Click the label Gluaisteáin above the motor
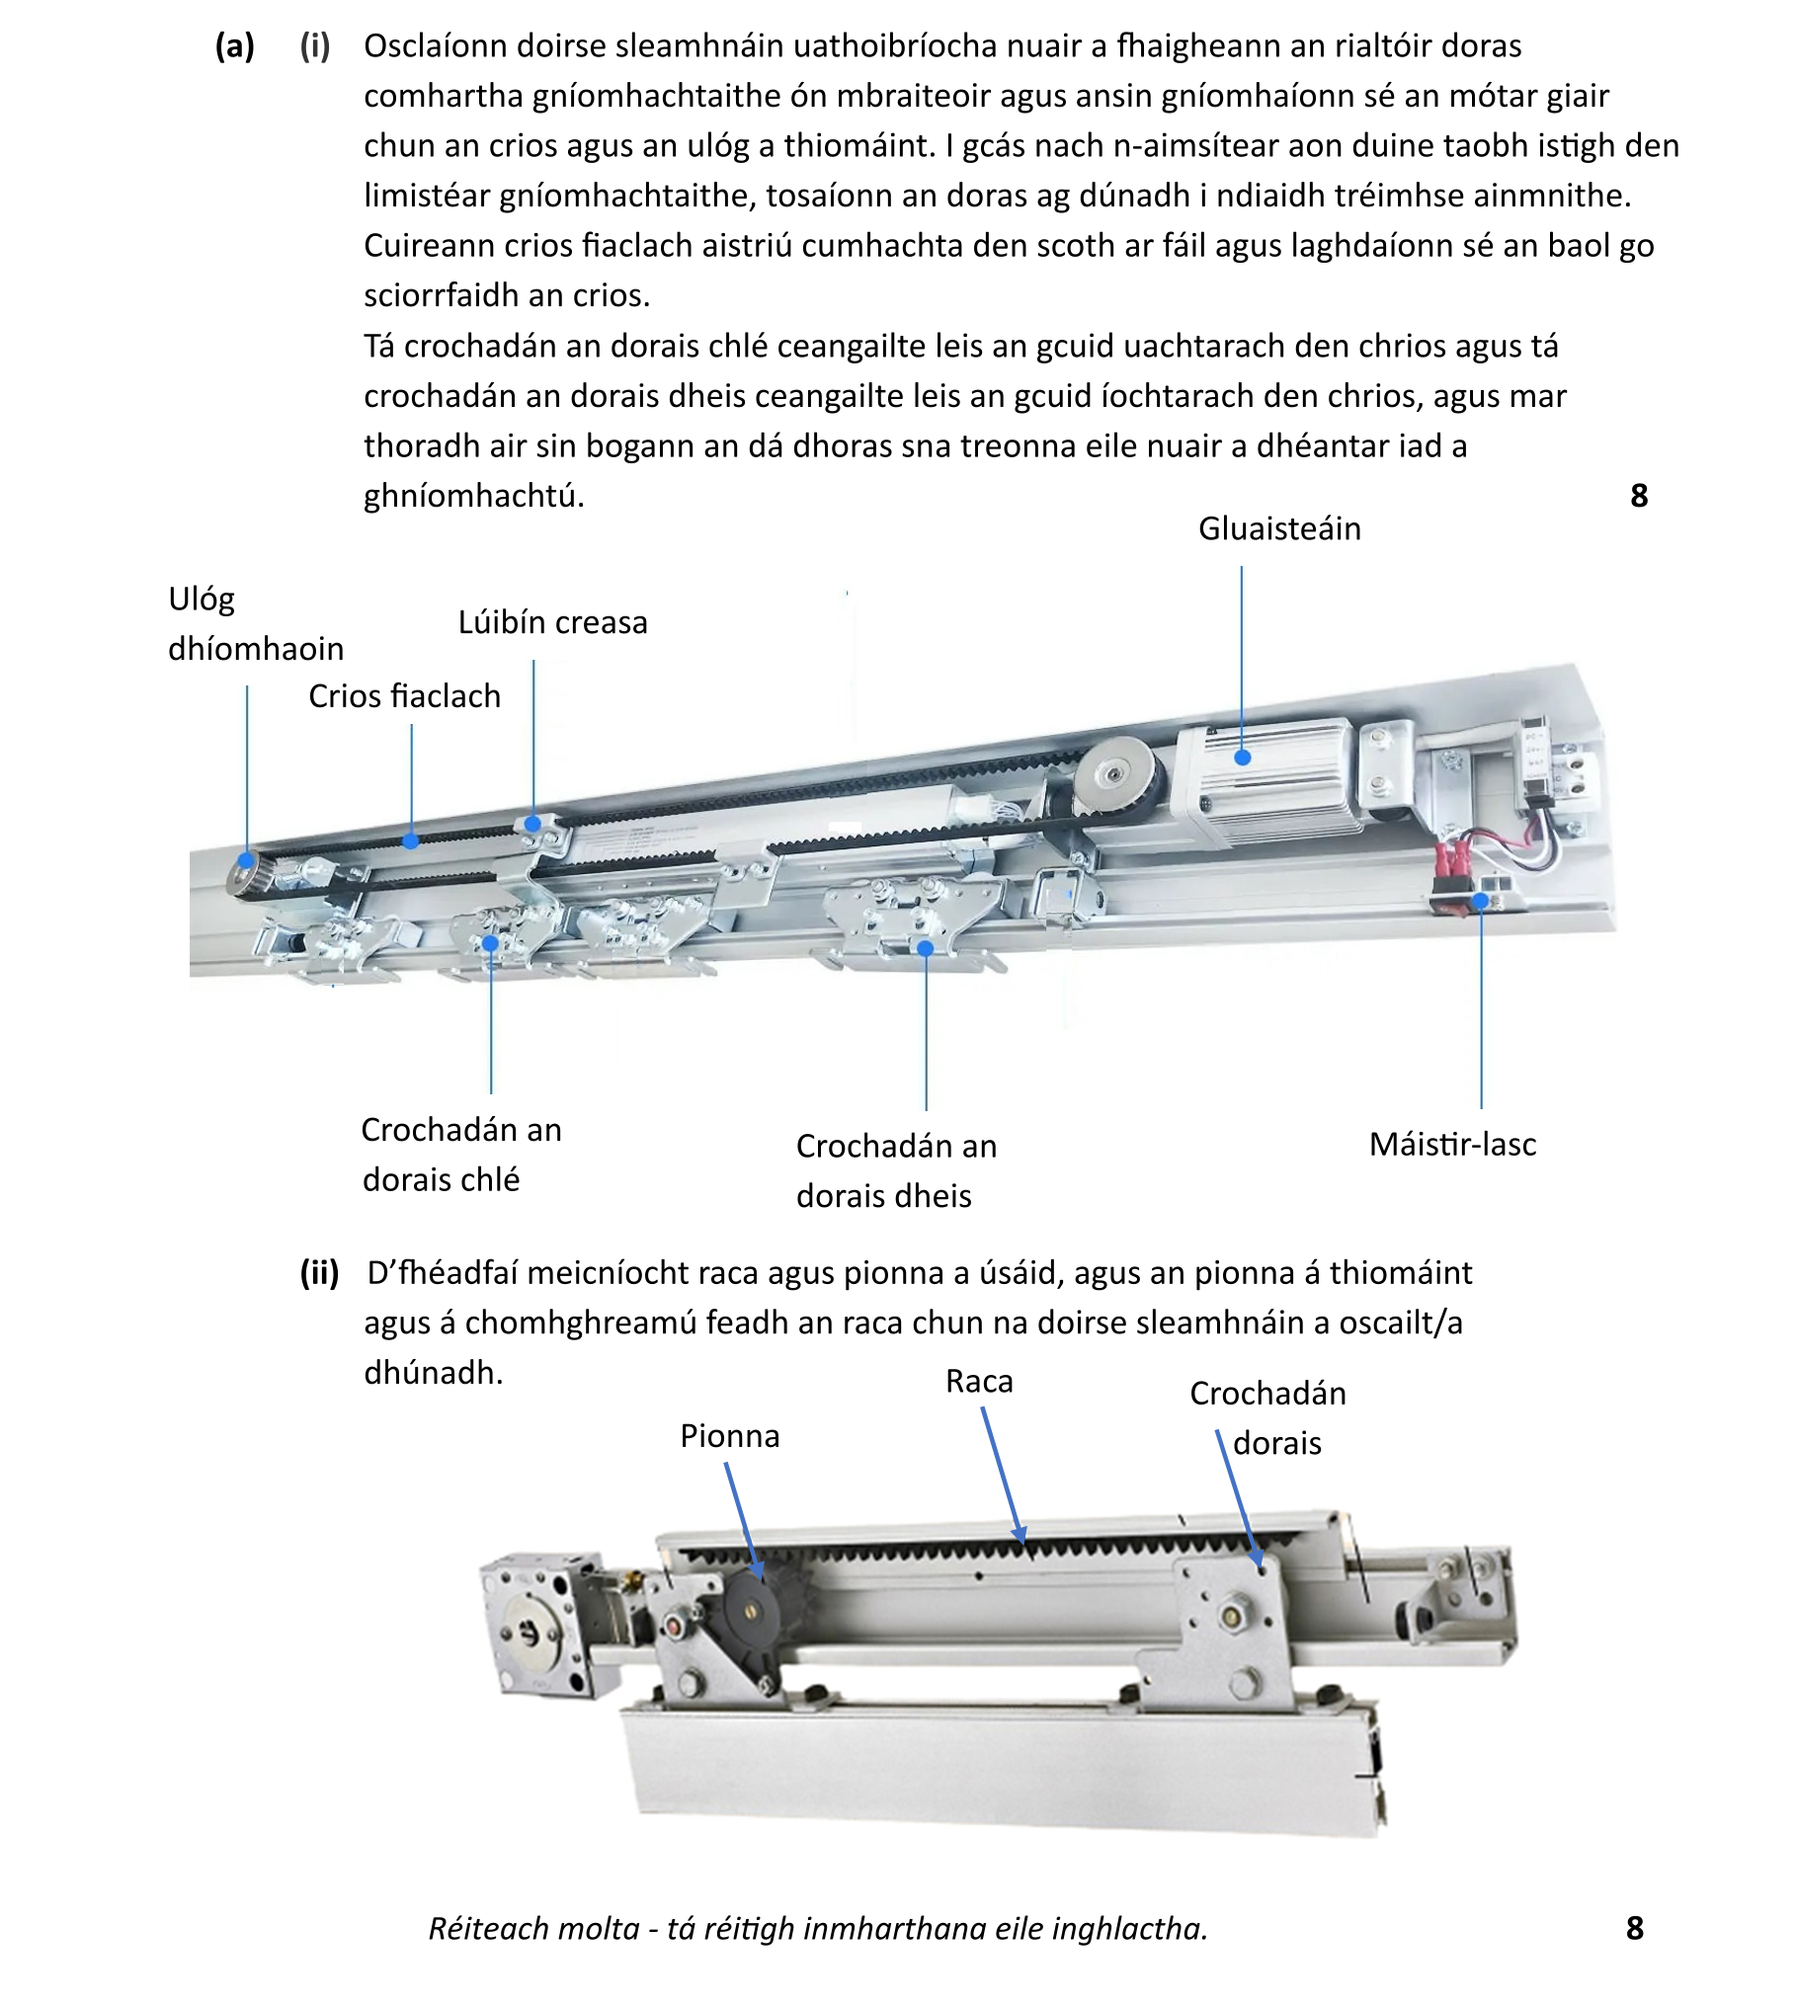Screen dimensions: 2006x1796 1279,529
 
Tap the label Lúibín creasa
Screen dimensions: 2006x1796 552,623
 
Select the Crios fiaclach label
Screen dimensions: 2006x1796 404,696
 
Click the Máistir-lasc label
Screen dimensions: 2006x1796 1452,1145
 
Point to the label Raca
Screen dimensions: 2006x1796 979,1381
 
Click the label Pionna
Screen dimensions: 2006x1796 730,1436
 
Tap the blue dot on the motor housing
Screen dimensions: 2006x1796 1243,758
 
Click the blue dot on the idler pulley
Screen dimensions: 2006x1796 246,861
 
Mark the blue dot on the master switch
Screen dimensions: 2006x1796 1481,901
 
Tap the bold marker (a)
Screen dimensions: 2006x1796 235,46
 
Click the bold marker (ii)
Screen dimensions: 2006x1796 319,1273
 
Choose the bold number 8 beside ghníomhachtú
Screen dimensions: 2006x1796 1639,496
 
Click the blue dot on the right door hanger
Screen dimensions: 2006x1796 926,949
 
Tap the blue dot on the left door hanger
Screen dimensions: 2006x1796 490,943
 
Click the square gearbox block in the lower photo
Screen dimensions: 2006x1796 536,1624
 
